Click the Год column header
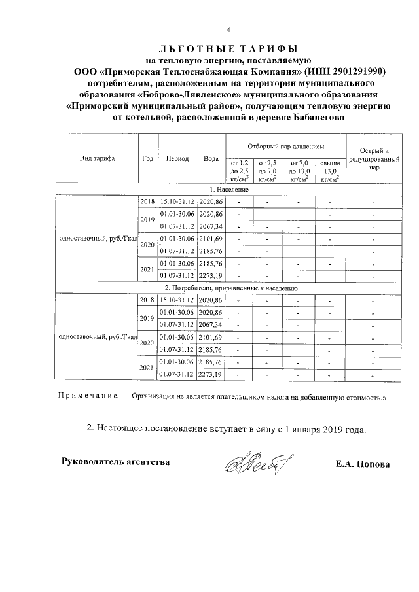click(147, 158)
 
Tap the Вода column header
click(211, 158)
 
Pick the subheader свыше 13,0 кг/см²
click(330, 169)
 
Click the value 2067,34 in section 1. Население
click(211, 226)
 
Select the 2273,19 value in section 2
click(211, 374)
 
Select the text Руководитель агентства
click(115, 462)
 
